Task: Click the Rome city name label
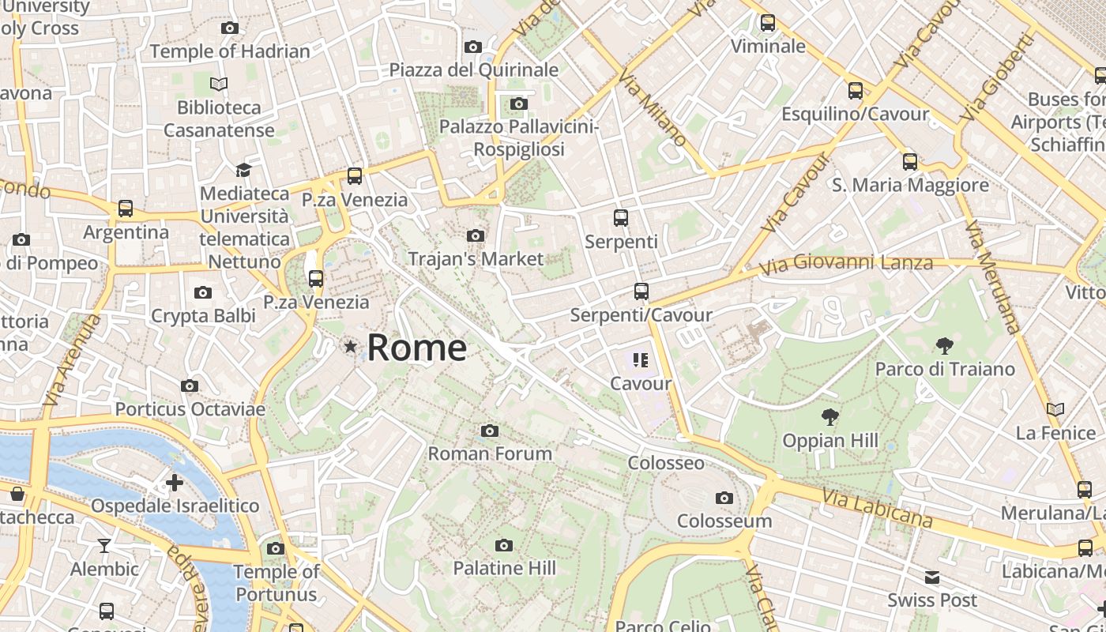tap(417, 348)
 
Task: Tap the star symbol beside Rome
tap(350, 346)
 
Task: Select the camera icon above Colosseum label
tap(724, 498)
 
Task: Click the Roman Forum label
tap(490, 453)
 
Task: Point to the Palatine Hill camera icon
tap(503, 545)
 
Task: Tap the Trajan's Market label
tap(476, 258)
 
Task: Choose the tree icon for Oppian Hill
tap(829, 416)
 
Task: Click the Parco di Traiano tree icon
tap(944, 345)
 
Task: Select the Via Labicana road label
tap(877, 508)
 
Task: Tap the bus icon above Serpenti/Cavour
tap(641, 292)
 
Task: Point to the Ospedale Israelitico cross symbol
tap(175, 482)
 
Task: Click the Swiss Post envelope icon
tap(932, 577)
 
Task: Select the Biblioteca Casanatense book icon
tap(219, 84)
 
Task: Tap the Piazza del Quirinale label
tap(474, 70)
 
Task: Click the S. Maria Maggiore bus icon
tap(910, 162)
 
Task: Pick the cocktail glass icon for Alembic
tap(103, 545)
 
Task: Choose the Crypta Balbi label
tap(203, 316)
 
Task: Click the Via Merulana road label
tap(992, 276)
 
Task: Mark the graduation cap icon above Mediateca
tap(243, 170)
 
